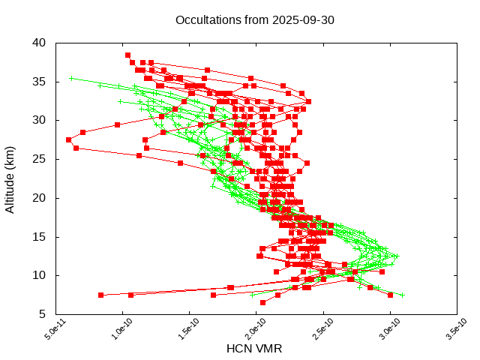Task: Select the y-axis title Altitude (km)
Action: coord(10,178)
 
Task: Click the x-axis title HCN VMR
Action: coord(254,349)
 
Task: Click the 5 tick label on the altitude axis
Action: coord(43,314)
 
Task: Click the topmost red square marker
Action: coord(127,55)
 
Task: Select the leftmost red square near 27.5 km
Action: coord(68,139)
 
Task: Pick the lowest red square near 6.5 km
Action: coord(262,302)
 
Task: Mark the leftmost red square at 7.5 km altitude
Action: coord(100,295)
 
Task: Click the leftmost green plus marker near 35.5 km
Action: coord(71,78)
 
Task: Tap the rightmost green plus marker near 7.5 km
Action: coord(402,295)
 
